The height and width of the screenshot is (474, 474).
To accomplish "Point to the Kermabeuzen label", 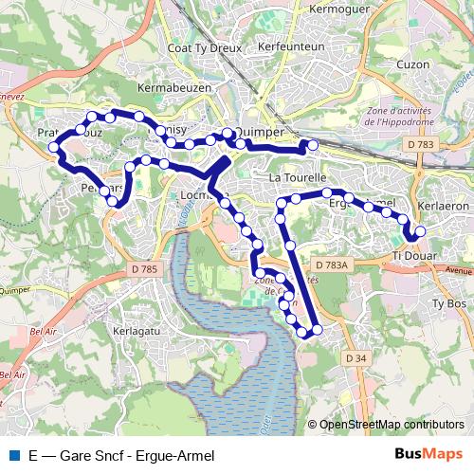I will click(x=172, y=87).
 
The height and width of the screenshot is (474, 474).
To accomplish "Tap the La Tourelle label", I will click(x=298, y=177).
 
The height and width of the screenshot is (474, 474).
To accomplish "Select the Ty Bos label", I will click(x=449, y=303).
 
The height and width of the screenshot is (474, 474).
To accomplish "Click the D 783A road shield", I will click(x=333, y=265).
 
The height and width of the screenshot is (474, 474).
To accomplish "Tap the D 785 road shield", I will click(x=145, y=270).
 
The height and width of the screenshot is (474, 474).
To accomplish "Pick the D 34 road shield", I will click(x=355, y=357).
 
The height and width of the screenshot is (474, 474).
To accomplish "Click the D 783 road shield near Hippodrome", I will click(x=424, y=144).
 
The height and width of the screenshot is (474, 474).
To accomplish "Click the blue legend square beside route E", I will click(x=10, y=455).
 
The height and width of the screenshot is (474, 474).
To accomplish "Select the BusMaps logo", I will click(x=428, y=454).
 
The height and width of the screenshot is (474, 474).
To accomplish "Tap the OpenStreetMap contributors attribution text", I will click(x=392, y=426).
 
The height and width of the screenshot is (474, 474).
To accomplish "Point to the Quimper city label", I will click(x=258, y=133).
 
